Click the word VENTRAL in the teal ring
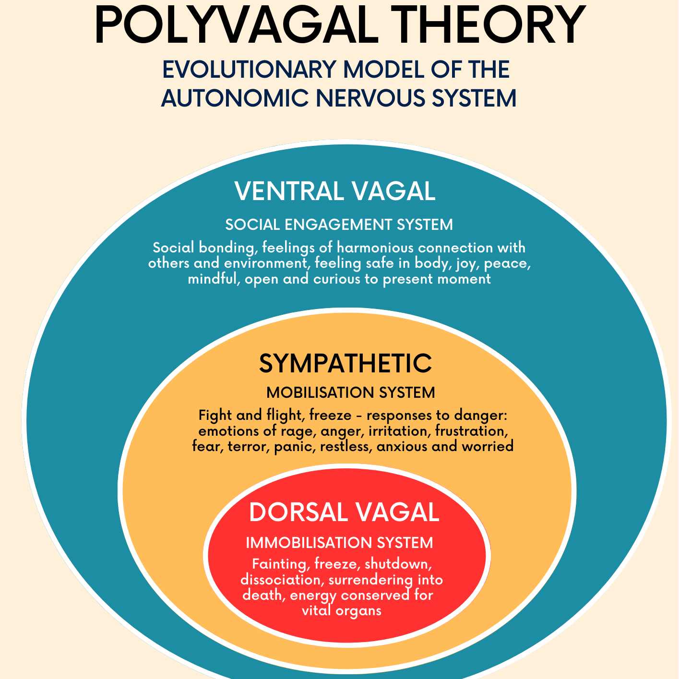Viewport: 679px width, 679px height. (288, 191)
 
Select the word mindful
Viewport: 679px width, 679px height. (213, 279)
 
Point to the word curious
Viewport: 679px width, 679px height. (337, 279)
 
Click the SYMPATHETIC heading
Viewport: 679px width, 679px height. (345, 363)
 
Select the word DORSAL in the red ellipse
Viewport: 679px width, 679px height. (298, 512)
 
